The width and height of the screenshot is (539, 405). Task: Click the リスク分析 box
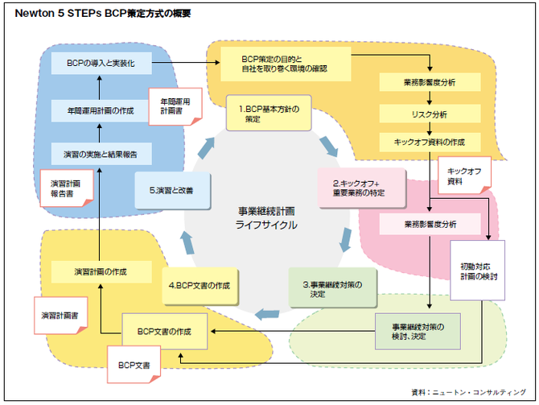click(x=429, y=114)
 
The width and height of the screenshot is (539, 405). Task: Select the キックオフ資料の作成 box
click(x=429, y=142)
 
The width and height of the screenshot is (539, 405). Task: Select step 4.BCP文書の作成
click(x=200, y=286)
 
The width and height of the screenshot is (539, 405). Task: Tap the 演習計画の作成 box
click(x=101, y=271)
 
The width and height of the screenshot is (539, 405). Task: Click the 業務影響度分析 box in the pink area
click(x=429, y=223)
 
